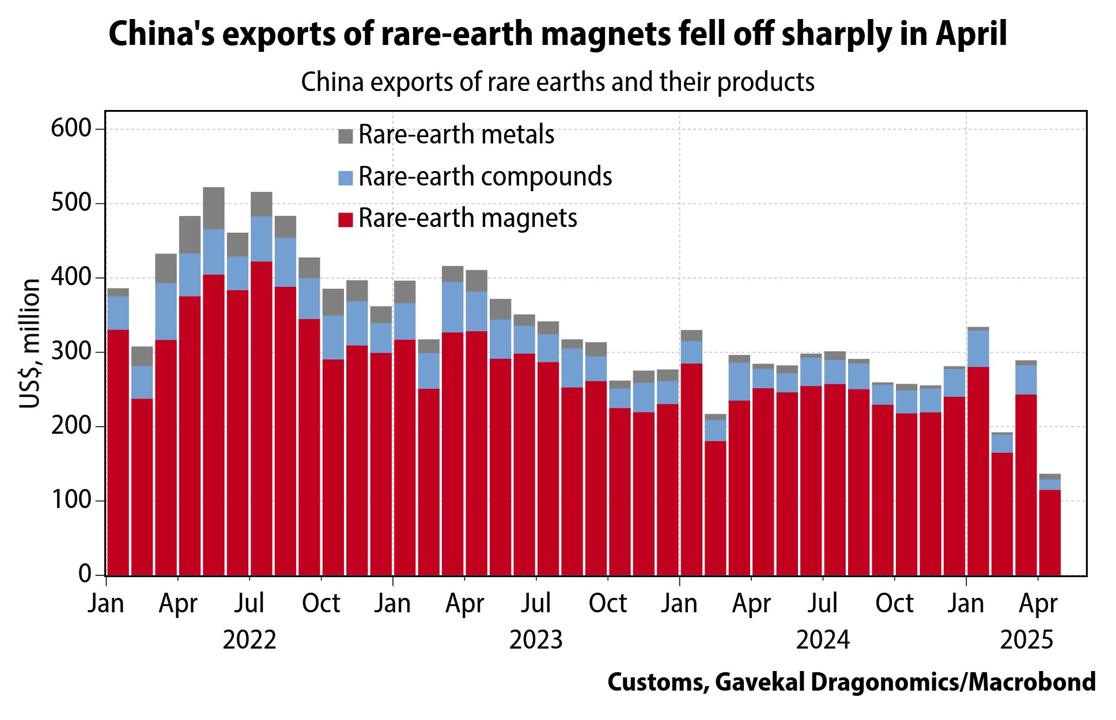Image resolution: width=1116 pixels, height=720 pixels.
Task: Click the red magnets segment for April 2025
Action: tap(1050, 532)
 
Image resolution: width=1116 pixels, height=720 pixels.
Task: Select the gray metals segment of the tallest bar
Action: tap(213, 208)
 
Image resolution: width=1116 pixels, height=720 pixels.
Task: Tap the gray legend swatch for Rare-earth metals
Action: tap(345, 137)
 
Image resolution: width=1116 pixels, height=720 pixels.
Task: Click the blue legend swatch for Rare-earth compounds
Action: tap(345, 178)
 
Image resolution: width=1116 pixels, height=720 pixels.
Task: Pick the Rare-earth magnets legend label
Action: tap(467, 219)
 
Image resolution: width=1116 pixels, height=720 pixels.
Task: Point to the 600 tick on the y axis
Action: tap(71, 128)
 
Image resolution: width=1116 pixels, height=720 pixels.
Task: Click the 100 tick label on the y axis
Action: tap(71, 500)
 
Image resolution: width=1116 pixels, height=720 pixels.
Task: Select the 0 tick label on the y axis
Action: tap(85, 574)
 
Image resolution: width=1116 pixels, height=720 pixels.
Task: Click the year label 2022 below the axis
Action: tap(249, 640)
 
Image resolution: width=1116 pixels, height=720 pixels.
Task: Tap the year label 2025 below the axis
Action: tap(1026, 640)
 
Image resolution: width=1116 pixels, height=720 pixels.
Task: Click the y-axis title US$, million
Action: tap(30, 343)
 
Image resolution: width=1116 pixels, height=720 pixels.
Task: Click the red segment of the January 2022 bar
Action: tap(118, 452)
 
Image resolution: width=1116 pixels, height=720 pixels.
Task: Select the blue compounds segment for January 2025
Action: tap(978, 348)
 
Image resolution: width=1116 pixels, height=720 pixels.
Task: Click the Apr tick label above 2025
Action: tap(1038, 604)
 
